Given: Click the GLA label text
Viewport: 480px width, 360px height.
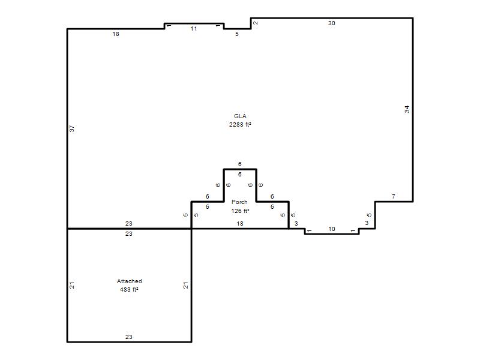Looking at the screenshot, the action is (240, 116).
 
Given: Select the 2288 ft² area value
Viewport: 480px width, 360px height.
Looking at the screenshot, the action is (240, 124).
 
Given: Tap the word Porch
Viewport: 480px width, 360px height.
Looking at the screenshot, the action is (239, 202).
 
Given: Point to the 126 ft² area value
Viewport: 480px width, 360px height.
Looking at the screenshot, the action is (240, 211).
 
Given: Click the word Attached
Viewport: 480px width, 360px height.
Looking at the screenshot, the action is (129, 281).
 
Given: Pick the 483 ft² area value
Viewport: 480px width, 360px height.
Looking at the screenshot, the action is (129, 289).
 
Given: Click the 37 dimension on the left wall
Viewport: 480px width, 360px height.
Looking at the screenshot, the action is (71, 129).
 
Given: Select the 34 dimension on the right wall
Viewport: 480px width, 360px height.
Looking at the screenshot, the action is (407, 109).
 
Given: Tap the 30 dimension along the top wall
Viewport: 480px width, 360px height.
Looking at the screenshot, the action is (332, 23).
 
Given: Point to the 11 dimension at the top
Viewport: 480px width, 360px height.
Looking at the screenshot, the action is (193, 28).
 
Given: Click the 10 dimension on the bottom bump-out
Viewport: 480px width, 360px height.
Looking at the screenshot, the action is (332, 229).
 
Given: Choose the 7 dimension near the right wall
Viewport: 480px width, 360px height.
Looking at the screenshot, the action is (394, 196).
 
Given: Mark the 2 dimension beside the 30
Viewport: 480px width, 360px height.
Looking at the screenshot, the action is (256, 23).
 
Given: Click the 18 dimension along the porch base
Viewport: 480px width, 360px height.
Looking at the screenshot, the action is (239, 223).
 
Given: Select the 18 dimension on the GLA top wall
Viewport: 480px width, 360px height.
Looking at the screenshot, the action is (115, 34).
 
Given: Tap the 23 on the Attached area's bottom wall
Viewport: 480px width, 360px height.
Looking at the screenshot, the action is (128, 337).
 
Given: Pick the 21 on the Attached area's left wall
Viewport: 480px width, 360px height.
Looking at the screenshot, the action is (71, 285).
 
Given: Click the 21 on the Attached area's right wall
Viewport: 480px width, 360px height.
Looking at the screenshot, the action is (185, 285).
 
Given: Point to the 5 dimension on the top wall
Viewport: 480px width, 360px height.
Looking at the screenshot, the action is (236, 34).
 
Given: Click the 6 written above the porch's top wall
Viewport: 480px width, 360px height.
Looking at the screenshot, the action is (239, 164).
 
